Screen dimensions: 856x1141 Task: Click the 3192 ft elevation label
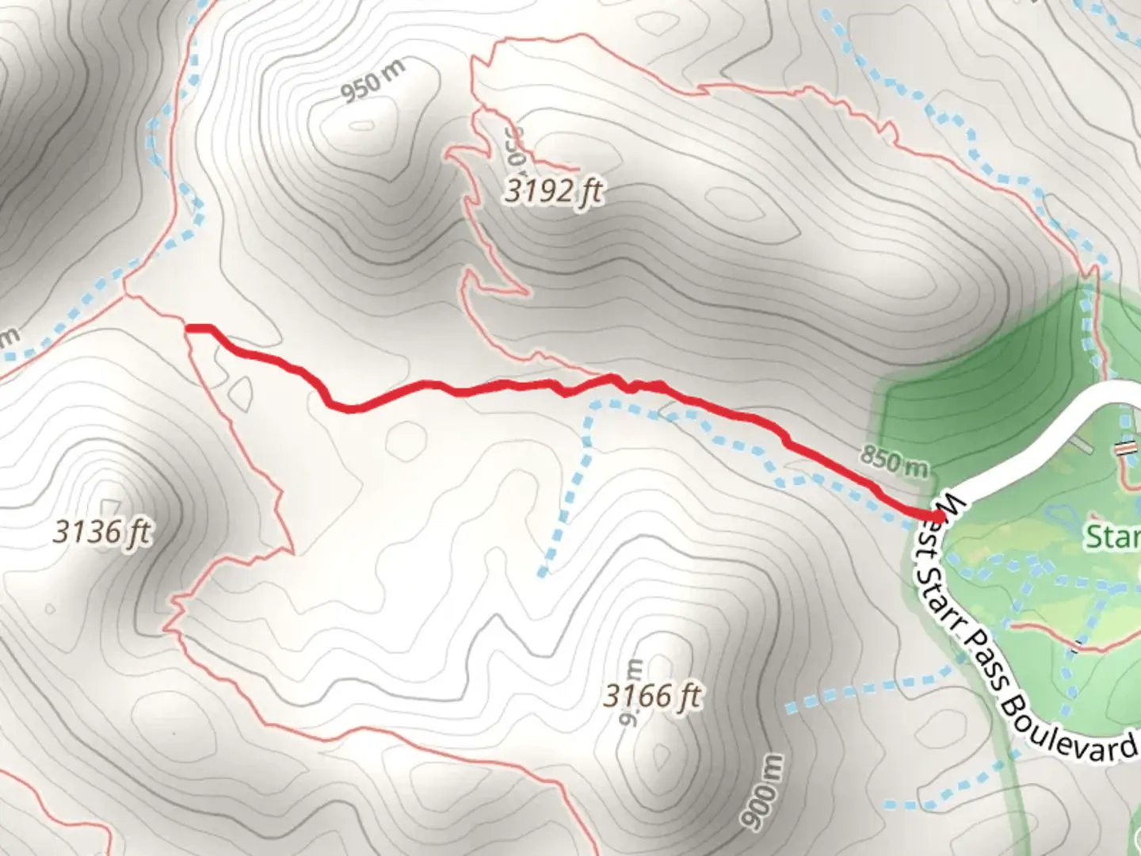coord(554,191)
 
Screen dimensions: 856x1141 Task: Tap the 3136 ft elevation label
coord(102,532)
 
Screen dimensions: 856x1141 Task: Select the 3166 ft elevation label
coord(652,696)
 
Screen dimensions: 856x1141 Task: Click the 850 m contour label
coord(893,460)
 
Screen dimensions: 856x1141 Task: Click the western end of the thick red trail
coord(189,327)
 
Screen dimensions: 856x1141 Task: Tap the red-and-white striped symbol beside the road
coord(1123,449)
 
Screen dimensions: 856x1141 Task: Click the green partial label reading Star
coord(1113,537)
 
